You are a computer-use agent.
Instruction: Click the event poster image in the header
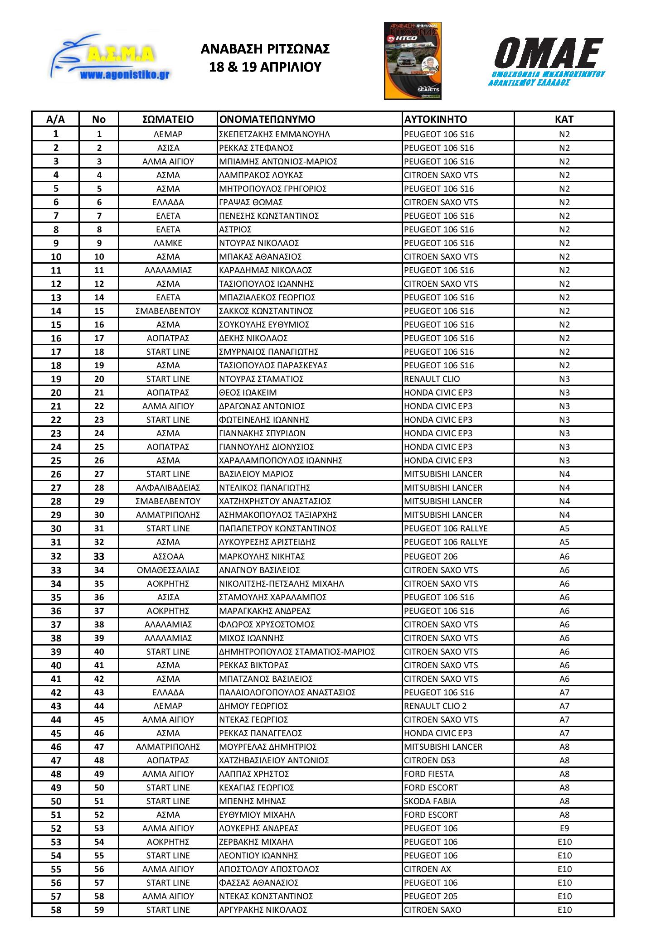[412, 61]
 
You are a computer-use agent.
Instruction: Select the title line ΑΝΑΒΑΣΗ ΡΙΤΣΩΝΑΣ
[265, 49]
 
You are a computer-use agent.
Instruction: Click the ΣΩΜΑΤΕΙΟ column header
[168, 119]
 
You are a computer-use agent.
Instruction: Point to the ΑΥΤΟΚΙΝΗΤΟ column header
[435, 119]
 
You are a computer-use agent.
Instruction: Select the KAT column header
[564, 119]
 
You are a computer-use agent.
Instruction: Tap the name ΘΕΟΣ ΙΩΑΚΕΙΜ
[248, 392]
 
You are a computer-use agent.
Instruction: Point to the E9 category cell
[564, 828]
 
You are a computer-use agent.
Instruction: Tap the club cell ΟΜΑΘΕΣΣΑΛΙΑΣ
[168, 570]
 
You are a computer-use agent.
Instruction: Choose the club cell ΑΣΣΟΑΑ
[168, 556]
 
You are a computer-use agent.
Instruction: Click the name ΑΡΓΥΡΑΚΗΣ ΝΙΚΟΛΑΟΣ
[263, 910]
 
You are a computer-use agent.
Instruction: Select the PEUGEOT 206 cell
[431, 556]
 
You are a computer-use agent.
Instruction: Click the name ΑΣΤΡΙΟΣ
[235, 229]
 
